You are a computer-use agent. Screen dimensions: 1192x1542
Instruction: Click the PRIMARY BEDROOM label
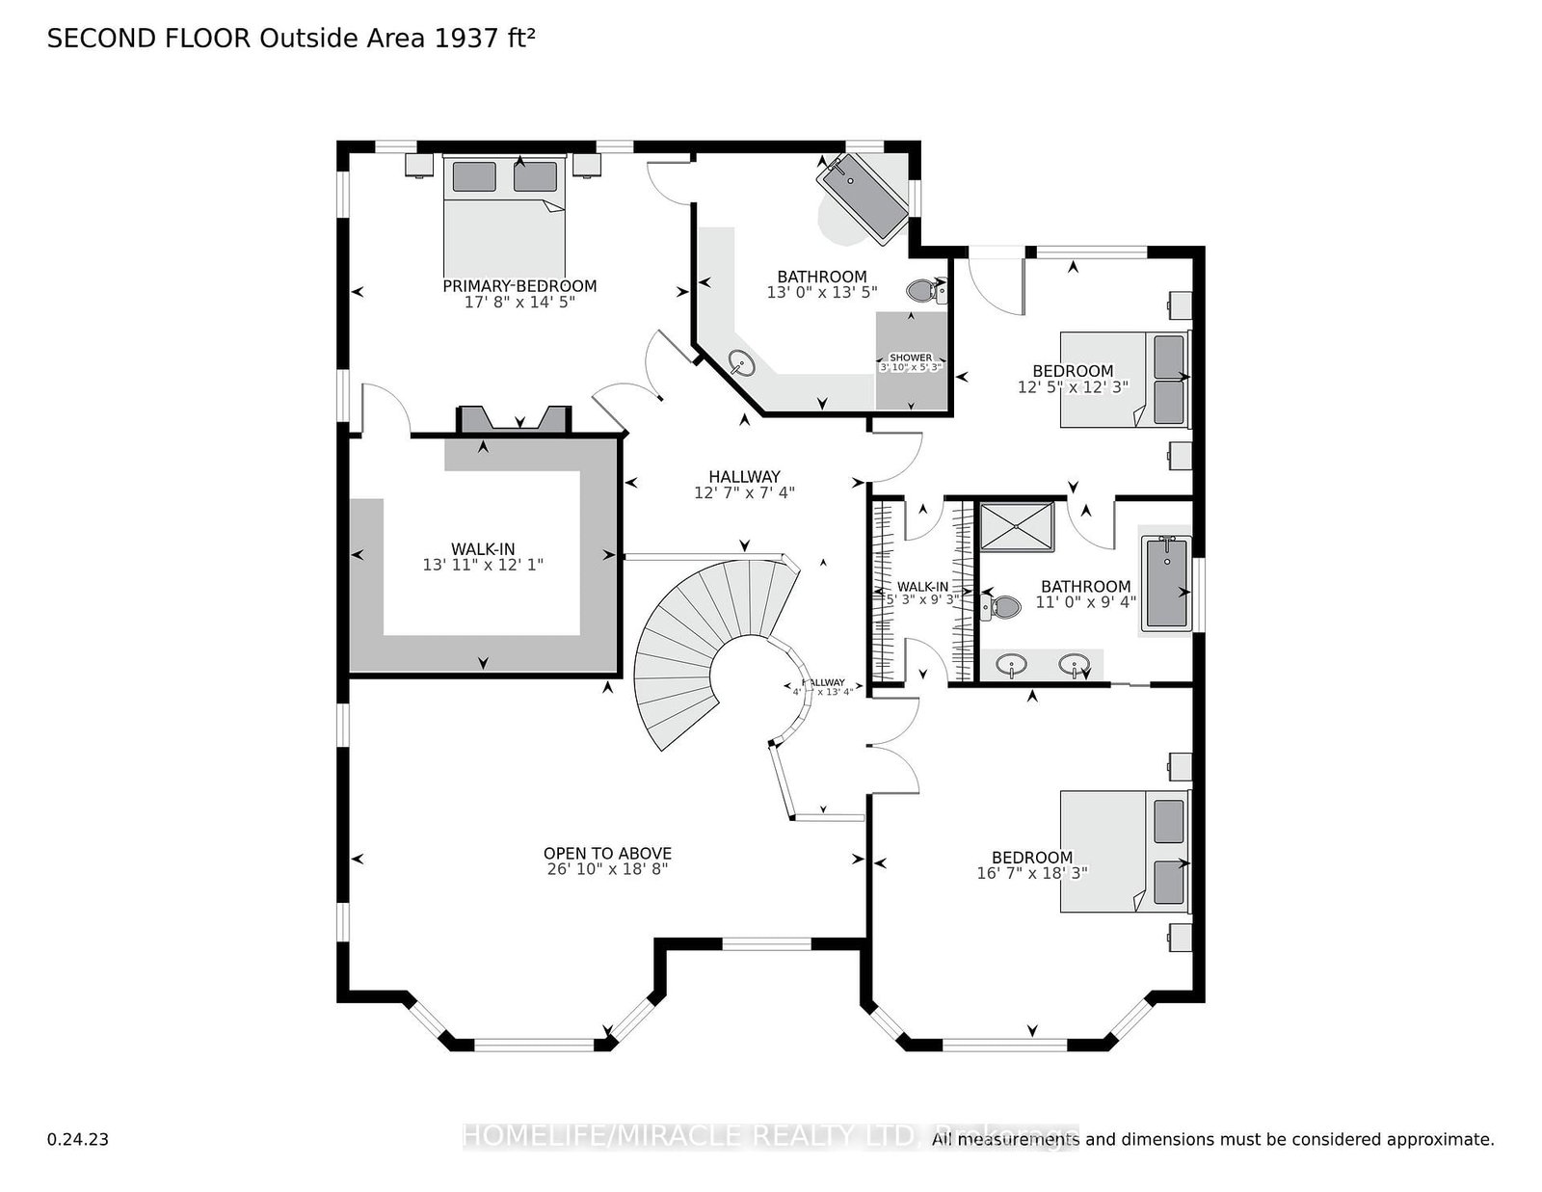click(519, 286)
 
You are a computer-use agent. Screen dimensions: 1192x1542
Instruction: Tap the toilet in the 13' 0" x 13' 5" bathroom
click(926, 290)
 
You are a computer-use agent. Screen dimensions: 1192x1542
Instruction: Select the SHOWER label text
click(910, 358)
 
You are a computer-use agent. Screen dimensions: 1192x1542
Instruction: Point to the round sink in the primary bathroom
click(741, 363)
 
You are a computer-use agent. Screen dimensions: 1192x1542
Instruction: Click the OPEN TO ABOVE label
click(607, 853)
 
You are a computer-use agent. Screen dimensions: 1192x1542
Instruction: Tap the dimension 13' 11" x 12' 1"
click(483, 565)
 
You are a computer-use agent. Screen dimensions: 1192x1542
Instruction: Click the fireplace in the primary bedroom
click(514, 420)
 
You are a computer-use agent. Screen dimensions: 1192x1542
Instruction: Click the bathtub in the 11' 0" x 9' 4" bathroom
click(1164, 583)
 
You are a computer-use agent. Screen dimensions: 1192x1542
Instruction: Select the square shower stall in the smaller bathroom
click(1018, 525)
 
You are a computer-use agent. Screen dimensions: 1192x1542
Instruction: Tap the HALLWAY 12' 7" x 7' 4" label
click(744, 484)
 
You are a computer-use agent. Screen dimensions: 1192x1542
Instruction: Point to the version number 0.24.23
click(77, 1139)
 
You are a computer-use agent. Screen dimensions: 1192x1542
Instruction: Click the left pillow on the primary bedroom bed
click(474, 176)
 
